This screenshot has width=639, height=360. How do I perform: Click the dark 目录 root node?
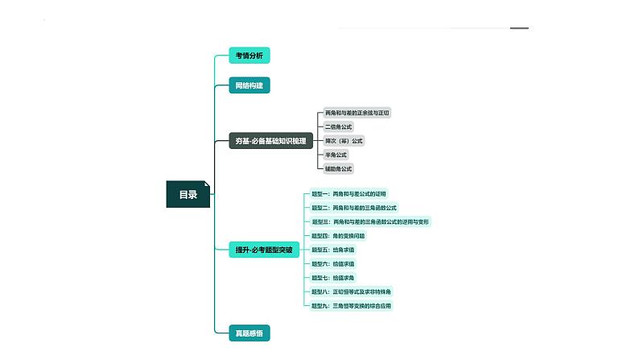pos(188,194)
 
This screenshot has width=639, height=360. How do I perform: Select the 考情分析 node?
pos(249,56)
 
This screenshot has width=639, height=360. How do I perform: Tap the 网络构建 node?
pos(249,85)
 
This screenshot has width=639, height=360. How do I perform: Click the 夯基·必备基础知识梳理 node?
pos(270,141)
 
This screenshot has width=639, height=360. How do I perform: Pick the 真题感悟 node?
pos(249,332)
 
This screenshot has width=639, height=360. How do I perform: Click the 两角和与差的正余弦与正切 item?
pos(357,113)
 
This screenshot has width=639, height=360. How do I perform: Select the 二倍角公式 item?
pos(338,126)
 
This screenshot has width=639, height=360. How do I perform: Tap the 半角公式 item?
pos(336,155)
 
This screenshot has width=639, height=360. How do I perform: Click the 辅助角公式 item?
pos(338,168)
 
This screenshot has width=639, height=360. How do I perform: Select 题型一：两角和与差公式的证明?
pos(349,194)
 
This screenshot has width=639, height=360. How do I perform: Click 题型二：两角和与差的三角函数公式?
pos(354,208)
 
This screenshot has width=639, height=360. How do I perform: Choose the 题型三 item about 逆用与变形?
pos(370,221)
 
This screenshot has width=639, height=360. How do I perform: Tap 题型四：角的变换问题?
pos(338,236)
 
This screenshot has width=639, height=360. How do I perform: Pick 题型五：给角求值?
pos(333,250)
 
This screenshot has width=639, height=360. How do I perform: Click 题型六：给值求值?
pos(333,263)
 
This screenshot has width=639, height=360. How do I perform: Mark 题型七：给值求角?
pos(333,278)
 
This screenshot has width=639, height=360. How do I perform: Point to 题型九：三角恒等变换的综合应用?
pos(352,305)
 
